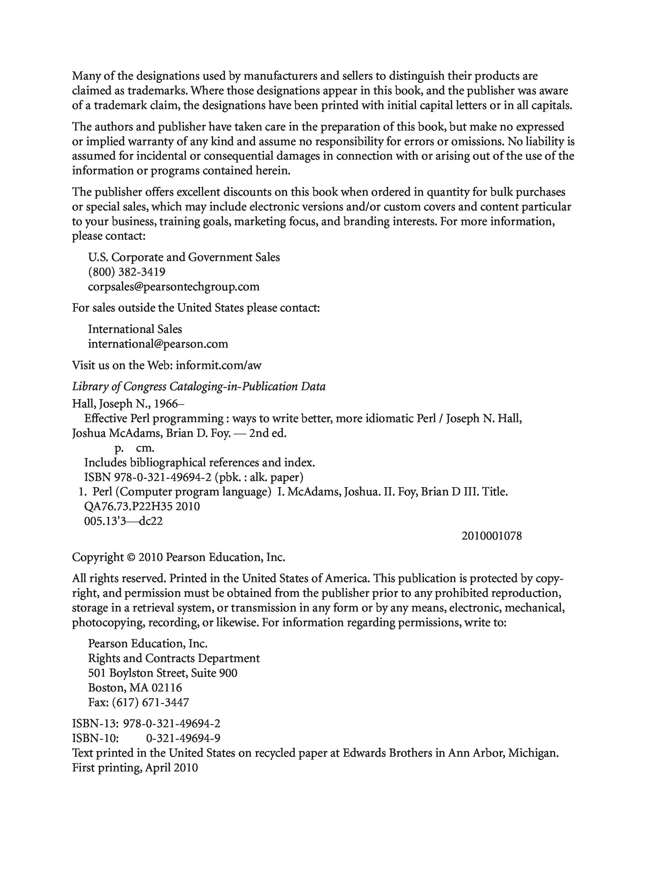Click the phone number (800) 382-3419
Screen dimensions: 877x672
tap(126, 272)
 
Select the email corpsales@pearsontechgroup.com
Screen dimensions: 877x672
tap(173, 287)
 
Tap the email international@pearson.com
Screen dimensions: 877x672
tap(158, 344)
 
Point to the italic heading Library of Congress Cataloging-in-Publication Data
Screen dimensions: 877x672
tap(199, 387)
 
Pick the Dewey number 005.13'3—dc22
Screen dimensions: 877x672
tap(123, 521)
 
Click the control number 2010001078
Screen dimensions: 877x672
tap(492, 536)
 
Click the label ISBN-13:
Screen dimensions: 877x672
tap(96, 724)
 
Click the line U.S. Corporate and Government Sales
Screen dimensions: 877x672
tap(184, 257)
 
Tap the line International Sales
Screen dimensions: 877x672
tap(135, 329)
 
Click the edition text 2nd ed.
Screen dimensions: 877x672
tap(268, 434)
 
